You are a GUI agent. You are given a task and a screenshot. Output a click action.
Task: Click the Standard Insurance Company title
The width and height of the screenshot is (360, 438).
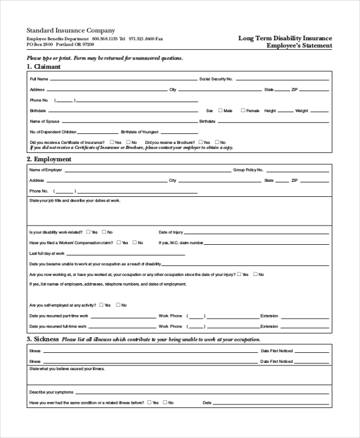click(71, 30)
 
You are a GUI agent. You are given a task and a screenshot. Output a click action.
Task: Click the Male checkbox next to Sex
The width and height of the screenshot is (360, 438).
click(221, 110)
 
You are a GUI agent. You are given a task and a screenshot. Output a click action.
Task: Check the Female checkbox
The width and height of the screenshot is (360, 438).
click(243, 110)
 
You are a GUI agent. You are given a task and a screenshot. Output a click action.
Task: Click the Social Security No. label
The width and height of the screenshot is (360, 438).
click(216, 79)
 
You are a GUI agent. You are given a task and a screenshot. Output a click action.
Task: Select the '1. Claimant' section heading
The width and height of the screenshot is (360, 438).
click(43, 67)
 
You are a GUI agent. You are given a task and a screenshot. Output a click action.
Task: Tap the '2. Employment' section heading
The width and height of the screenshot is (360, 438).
click(49, 159)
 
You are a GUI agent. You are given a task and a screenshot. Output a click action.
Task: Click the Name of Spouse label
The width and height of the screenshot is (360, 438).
click(44, 121)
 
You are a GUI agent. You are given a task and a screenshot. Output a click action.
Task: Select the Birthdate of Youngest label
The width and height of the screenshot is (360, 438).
click(139, 131)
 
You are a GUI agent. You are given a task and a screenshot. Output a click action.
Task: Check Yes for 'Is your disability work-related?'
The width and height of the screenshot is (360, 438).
click(89, 232)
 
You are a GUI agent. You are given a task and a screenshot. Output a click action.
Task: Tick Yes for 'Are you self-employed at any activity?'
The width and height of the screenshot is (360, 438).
click(101, 304)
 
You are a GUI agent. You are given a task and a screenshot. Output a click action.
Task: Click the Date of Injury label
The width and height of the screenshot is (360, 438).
click(170, 232)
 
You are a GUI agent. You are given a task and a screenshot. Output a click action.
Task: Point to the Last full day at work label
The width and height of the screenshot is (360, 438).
click(46, 253)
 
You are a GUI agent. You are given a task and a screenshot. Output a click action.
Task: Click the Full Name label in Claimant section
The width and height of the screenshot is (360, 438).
click(39, 79)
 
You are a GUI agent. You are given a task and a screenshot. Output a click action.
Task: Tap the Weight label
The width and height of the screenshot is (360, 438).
click(301, 110)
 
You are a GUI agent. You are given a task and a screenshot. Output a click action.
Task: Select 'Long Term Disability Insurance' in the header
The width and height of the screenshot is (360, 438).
click(285, 38)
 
